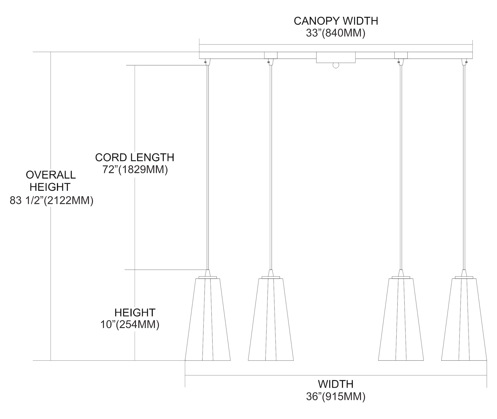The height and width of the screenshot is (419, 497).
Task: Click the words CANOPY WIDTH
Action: click(336, 21)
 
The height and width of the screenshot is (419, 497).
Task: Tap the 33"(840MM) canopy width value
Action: click(336, 33)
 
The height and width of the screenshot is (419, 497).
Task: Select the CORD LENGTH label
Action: click(135, 158)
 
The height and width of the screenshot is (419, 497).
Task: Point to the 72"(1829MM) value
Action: click(135, 169)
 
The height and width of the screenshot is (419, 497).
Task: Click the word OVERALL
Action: click(51, 175)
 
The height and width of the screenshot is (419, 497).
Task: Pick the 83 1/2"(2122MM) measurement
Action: click(51, 200)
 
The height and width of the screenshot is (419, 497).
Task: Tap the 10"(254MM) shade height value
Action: click(130, 324)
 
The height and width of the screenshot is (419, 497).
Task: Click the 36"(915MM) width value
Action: click(336, 396)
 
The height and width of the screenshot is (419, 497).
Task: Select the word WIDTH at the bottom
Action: click(336, 384)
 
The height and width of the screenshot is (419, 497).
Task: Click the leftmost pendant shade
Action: click(208, 319)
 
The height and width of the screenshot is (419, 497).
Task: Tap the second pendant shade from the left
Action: click(271, 319)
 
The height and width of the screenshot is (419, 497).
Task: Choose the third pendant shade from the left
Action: click(401, 319)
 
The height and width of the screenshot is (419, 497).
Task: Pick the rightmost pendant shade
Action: click(464, 319)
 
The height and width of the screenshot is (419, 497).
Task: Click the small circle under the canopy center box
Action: click(336, 65)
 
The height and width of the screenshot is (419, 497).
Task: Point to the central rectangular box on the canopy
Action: click(336, 57)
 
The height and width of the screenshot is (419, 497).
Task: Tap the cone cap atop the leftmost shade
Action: click(208, 273)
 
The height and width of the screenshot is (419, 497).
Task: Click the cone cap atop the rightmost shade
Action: click(464, 273)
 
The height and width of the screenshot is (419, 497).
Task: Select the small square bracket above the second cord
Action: click(271, 55)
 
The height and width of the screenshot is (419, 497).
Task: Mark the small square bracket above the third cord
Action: click(401, 55)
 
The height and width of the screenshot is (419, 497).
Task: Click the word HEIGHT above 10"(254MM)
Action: click(135, 312)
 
